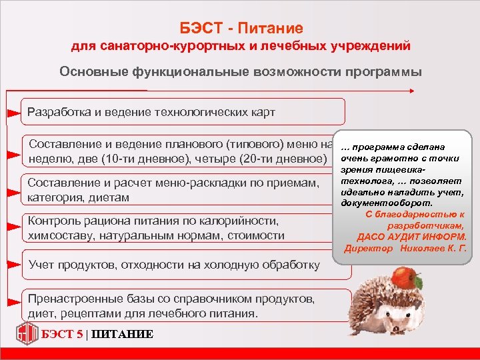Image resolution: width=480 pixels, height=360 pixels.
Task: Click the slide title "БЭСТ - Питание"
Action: tap(241, 28)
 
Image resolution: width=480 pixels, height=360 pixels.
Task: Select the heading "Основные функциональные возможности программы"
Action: tap(240, 72)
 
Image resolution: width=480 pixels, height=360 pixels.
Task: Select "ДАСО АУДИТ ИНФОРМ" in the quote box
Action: tap(411, 236)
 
